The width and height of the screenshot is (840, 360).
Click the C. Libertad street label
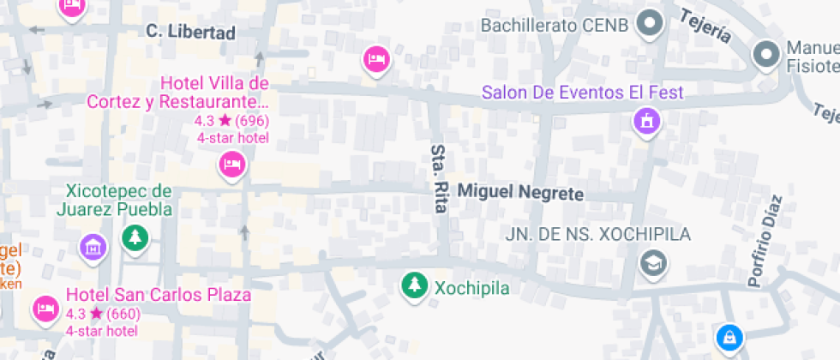click(190, 33)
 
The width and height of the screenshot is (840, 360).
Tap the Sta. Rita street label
click(440, 179)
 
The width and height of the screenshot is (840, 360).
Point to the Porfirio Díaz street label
click(765, 241)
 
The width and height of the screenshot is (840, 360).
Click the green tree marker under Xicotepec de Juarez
click(135, 237)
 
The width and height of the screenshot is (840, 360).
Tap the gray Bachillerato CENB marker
click(651, 24)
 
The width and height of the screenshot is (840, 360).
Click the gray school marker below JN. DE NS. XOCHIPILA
click(654, 262)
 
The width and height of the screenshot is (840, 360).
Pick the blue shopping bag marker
click(729, 337)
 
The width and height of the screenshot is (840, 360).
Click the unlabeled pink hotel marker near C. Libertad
click(375, 58)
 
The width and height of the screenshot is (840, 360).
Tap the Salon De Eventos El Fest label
click(582, 92)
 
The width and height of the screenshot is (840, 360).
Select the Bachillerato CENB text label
click(554, 25)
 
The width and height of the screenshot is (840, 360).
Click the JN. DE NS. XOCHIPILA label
click(597, 234)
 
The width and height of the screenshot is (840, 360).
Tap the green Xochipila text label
click(471, 288)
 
